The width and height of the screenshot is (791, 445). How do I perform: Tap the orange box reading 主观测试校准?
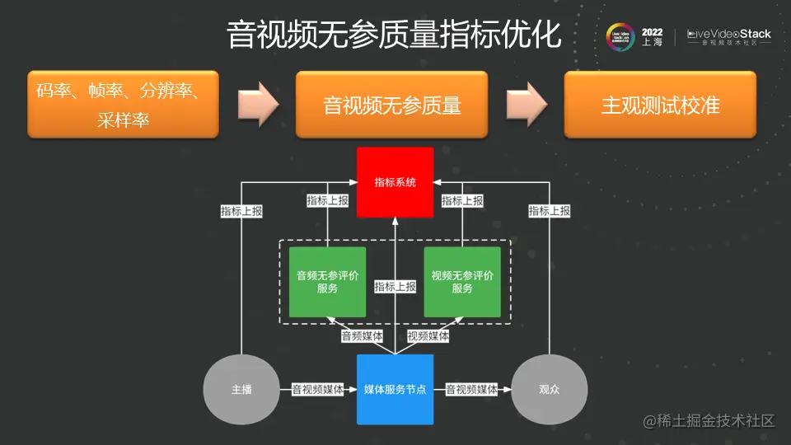pyautogui.click(x=660, y=105)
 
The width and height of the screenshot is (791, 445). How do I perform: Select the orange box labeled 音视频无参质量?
pyautogui.click(x=391, y=105)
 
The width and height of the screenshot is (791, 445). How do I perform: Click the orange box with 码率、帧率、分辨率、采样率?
pyautogui.click(x=123, y=105)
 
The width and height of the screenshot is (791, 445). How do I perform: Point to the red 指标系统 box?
pyautogui.click(x=395, y=182)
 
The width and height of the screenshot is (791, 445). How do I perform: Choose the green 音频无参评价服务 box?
pyautogui.click(x=327, y=282)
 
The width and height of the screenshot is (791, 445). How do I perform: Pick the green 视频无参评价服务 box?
pyautogui.click(x=462, y=282)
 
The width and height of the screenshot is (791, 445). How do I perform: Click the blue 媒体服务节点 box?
pyautogui.click(x=395, y=389)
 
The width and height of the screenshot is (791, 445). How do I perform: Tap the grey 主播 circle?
pyautogui.click(x=241, y=389)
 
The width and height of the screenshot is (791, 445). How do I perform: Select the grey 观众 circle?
pyautogui.click(x=549, y=389)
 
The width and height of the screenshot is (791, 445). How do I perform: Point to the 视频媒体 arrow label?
pyautogui.click(x=428, y=336)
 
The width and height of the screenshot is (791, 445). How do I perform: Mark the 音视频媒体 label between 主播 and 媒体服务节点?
pyautogui.click(x=318, y=389)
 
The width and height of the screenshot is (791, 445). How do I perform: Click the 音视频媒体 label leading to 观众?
pyautogui.click(x=472, y=389)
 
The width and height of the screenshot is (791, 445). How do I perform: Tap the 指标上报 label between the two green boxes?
pyautogui.click(x=395, y=287)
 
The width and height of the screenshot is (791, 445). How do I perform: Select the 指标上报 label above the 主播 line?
pyautogui.click(x=241, y=211)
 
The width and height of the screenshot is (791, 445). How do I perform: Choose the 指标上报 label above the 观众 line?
pyautogui.click(x=550, y=211)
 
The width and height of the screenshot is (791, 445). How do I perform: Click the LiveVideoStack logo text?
pyautogui.click(x=728, y=35)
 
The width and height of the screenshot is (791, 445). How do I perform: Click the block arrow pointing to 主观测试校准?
pyautogui.click(x=527, y=104)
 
